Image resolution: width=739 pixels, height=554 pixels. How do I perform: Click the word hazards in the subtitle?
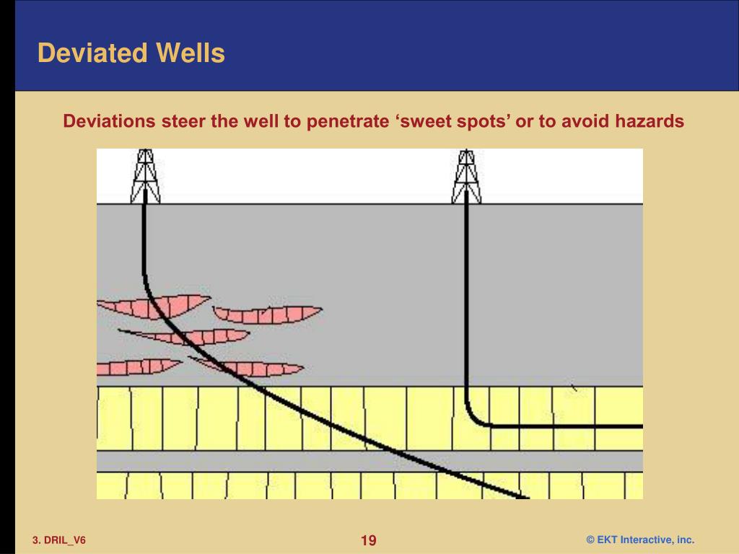[649, 121]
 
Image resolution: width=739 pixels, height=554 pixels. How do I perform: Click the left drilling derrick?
[145, 177]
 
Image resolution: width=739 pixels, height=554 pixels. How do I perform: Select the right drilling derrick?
[466, 177]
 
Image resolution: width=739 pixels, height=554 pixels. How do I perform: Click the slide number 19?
[369, 540]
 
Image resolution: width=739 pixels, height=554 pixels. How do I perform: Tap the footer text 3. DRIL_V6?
[58, 540]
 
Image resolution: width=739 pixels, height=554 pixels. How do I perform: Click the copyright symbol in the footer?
[590, 540]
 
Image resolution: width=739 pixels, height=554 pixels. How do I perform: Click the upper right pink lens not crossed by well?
[267, 315]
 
